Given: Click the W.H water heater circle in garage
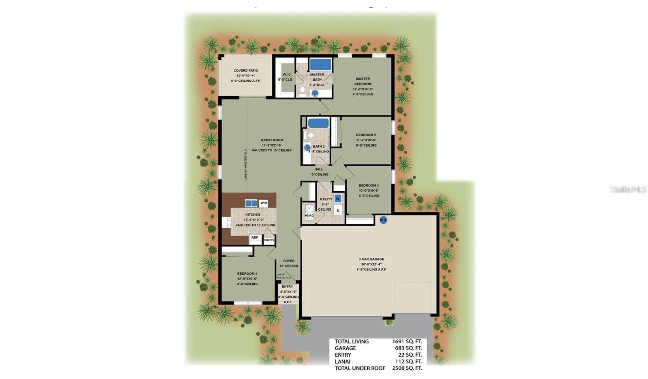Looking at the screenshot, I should click(383, 220).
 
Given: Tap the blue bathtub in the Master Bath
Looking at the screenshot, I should click(320, 64).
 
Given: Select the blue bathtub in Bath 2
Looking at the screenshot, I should click(318, 123).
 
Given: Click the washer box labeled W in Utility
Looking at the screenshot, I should click(338, 199).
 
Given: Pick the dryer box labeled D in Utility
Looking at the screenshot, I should click(338, 210).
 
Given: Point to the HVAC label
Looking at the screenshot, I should click(309, 216).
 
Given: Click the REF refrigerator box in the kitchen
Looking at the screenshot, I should click(255, 238).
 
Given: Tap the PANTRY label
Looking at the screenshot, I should click(269, 240).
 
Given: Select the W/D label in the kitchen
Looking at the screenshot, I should click(263, 203).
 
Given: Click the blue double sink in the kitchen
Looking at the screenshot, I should click(251, 203).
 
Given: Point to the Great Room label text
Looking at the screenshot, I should click(272, 140).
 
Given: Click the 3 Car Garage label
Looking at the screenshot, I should click(371, 259).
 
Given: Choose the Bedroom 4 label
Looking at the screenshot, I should click(247, 273).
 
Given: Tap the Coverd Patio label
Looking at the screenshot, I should click(245, 70).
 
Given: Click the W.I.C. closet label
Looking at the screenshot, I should click(287, 74).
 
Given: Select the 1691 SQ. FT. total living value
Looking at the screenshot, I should click(407, 341).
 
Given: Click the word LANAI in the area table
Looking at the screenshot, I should click(343, 362).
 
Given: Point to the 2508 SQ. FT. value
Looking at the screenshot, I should click(407, 368).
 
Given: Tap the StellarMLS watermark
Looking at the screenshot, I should click(628, 189).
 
